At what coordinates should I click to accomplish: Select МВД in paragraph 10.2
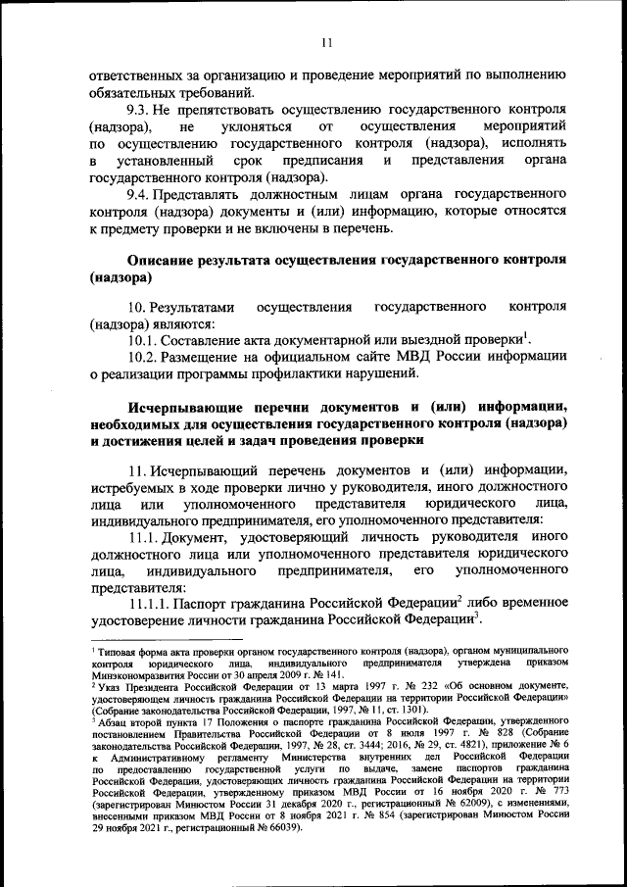[x=413, y=356]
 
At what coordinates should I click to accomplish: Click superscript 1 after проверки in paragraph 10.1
[x=525, y=333]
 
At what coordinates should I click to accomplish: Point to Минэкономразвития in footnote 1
[x=136, y=675]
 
